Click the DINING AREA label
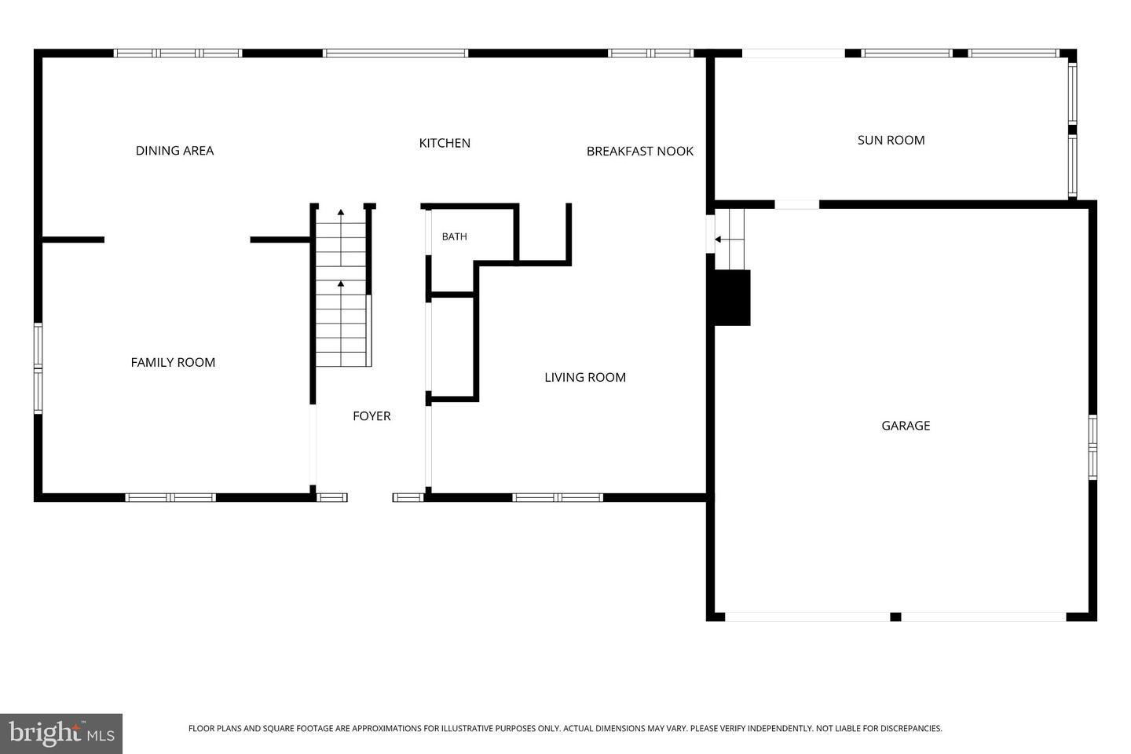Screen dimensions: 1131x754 tap(174, 151)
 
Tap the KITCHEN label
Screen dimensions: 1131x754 tap(445, 144)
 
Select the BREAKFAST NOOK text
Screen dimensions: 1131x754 tap(639, 151)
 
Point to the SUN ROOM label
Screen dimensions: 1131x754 tap(891, 141)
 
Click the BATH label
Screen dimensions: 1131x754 tap(455, 236)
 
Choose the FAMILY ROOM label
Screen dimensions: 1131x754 tap(173, 363)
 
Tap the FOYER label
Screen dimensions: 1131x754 tap(372, 416)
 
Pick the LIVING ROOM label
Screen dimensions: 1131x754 tap(585, 377)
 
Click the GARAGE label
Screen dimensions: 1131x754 tap(906, 426)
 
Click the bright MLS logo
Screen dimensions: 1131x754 tap(61, 734)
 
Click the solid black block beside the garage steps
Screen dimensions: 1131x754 tap(730, 298)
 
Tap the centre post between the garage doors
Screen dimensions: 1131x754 tap(895, 617)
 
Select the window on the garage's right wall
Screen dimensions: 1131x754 tap(1093, 448)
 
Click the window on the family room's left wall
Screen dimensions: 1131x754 tap(38, 368)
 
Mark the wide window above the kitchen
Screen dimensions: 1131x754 tap(395, 53)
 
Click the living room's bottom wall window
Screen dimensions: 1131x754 tap(558, 497)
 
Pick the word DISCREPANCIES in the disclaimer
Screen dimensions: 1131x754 tap(911, 728)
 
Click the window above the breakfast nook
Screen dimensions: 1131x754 tap(650, 53)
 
